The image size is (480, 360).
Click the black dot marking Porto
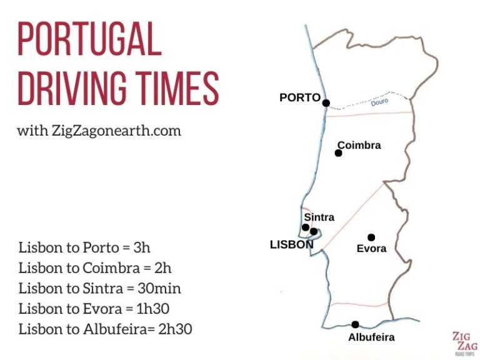tap(326, 103)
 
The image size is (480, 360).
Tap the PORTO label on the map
tap(300, 97)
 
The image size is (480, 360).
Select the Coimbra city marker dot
tap(339, 154)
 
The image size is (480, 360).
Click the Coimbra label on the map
tap(359, 145)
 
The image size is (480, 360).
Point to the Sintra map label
tap(319, 217)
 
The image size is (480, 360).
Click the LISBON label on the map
tap(291, 245)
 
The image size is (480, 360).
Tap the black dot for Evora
tap(371, 237)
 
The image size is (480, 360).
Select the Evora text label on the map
tap(371, 248)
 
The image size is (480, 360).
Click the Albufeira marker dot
tap(355, 324)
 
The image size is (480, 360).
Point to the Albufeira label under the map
tap(372, 337)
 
